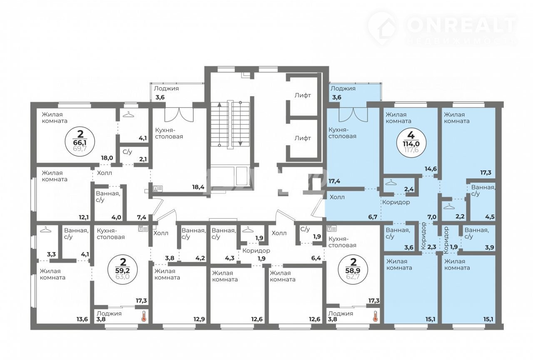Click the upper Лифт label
pyautogui.click(x=303, y=95)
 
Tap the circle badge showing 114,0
pyautogui.click(x=411, y=142)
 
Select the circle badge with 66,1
pyautogui.click(x=80, y=142)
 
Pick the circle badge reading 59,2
pyautogui.click(x=123, y=270)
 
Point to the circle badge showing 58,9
pyautogui.click(x=353, y=270)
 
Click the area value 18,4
pyautogui.click(x=198, y=187)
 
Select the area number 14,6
pyautogui.click(x=431, y=169)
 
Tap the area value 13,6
pyautogui.click(x=82, y=319)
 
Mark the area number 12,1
pyautogui.click(x=84, y=217)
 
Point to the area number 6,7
pyautogui.click(x=373, y=217)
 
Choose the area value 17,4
pyautogui.click(x=334, y=181)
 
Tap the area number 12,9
pyautogui.click(x=199, y=319)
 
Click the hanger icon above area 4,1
pyautogui.click(x=128, y=114)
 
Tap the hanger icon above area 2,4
pyautogui.click(x=391, y=182)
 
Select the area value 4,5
pyautogui.click(x=490, y=217)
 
